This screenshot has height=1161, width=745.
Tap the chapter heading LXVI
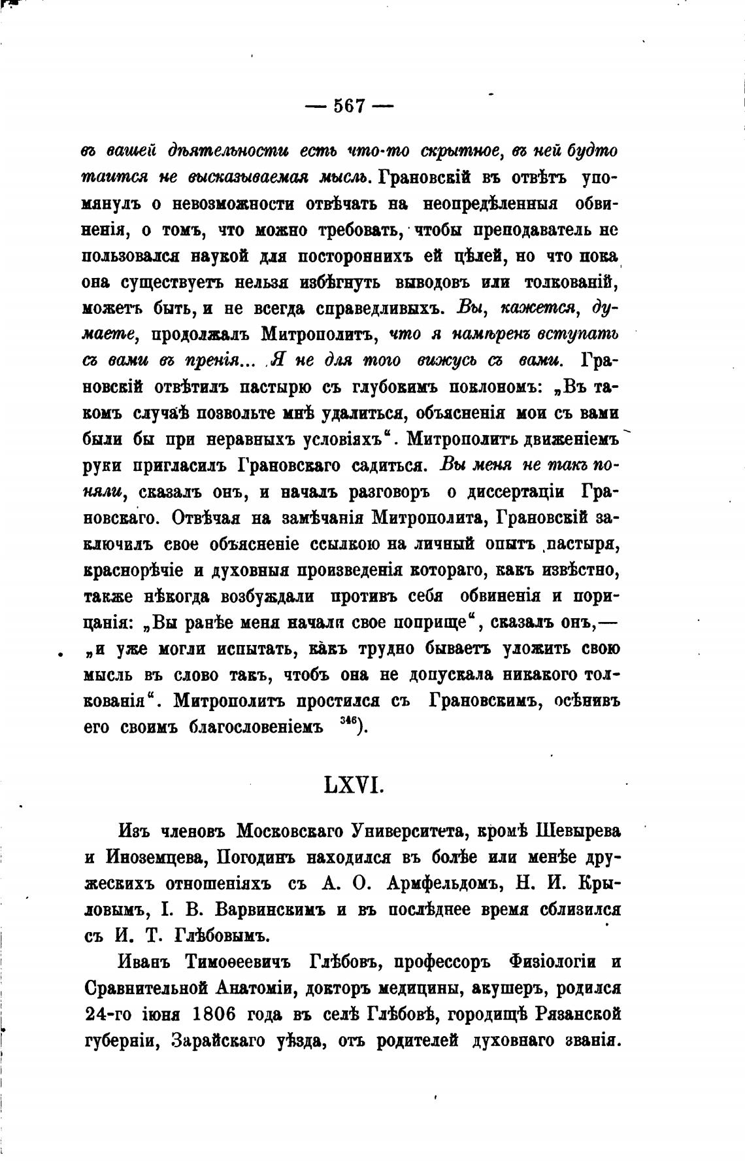[354, 784]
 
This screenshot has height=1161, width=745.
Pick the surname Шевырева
[578, 831]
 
